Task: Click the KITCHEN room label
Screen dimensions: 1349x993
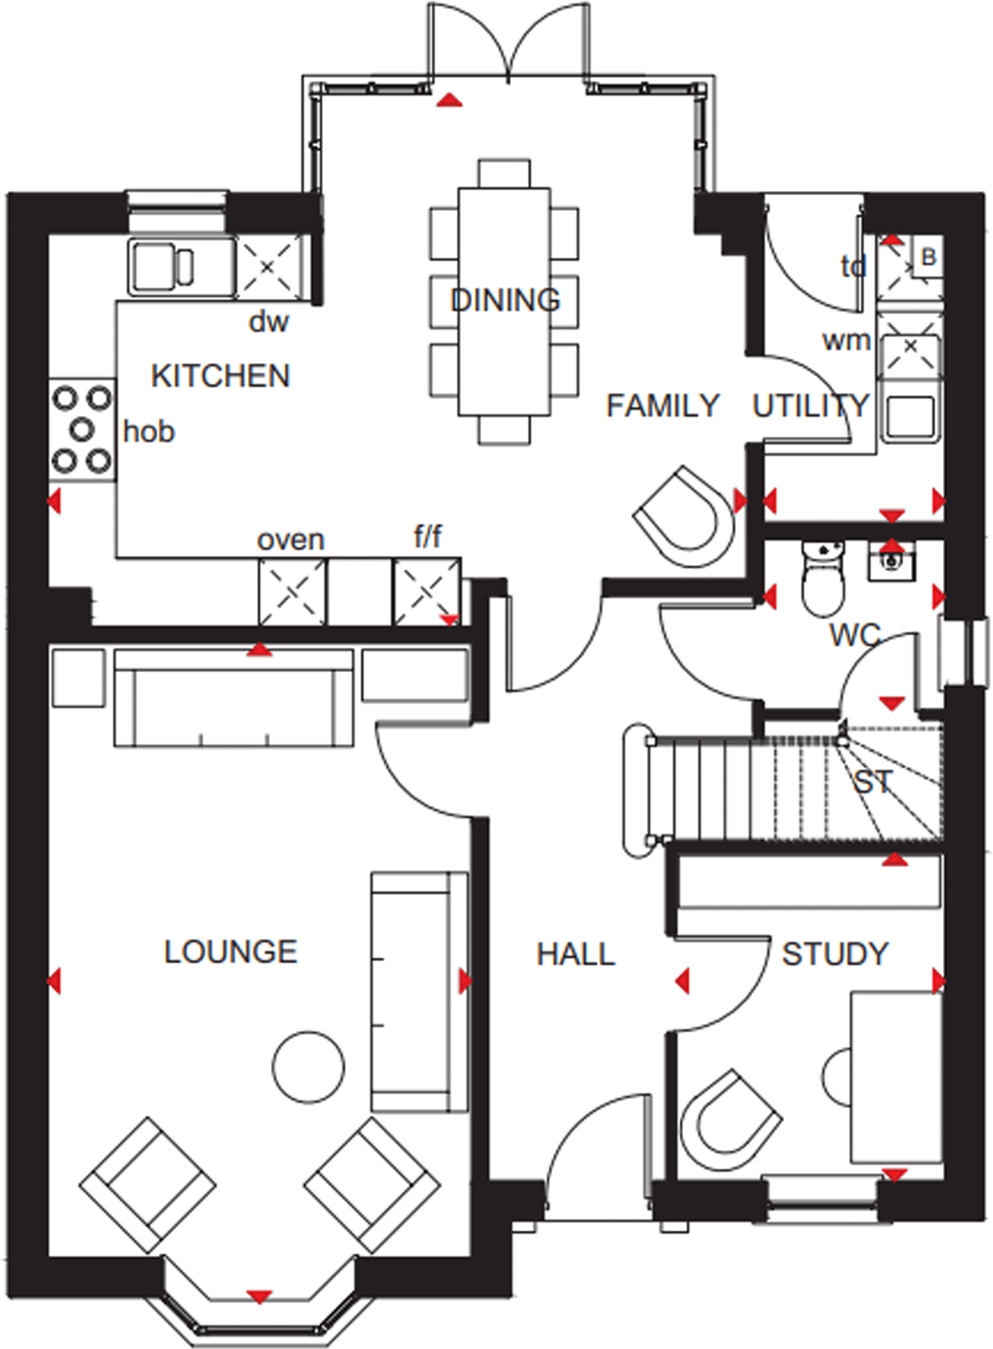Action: click(x=220, y=376)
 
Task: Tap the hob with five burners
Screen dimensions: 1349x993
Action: click(x=82, y=429)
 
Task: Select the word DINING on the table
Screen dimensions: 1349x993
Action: click(x=505, y=300)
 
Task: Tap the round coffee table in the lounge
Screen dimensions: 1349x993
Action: click(x=308, y=1067)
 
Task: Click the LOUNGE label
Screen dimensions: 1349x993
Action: click(x=231, y=951)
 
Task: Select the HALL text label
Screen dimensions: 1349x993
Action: click(x=576, y=954)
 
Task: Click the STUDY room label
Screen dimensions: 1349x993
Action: click(x=835, y=954)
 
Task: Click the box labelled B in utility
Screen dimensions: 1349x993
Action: click(x=928, y=258)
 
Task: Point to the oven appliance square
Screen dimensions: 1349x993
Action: click(x=292, y=592)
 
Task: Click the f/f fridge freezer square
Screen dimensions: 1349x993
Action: click(x=426, y=592)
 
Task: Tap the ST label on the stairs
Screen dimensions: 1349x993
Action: click(x=872, y=782)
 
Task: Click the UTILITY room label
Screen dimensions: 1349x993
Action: click(x=810, y=405)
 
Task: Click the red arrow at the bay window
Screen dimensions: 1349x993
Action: click(x=259, y=1296)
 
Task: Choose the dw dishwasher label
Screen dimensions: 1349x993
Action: click(x=269, y=321)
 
